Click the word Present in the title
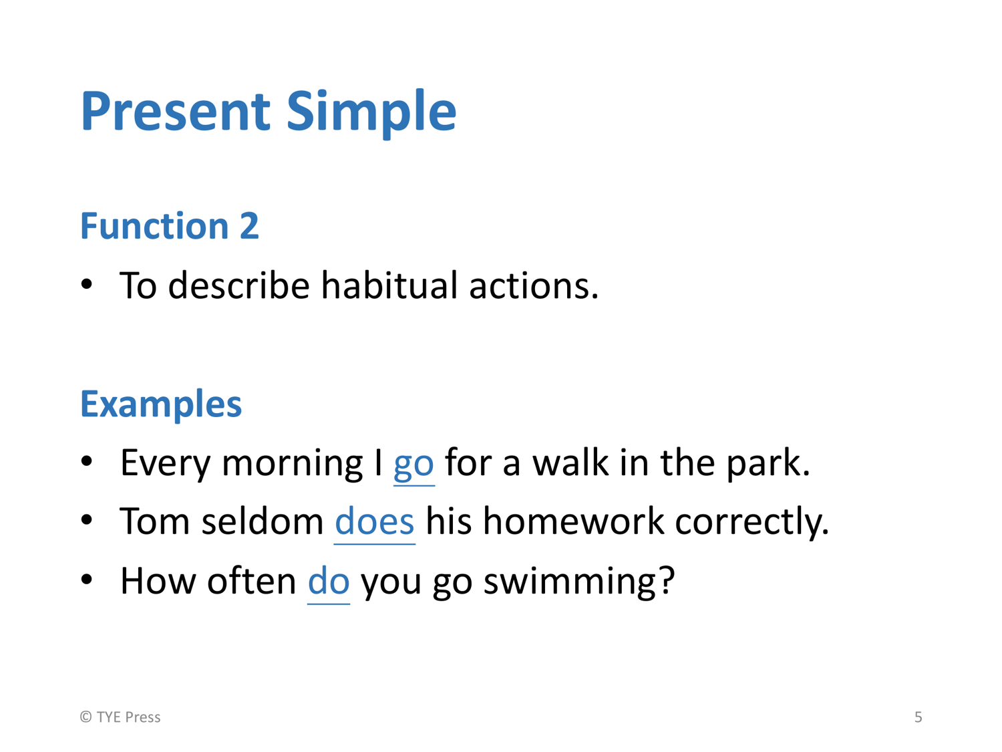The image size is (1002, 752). (176, 111)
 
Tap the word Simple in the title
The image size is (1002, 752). (371, 114)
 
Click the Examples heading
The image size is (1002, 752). (161, 404)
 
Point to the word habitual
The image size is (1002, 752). (389, 285)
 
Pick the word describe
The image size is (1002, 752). (239, 285)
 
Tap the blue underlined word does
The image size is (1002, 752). (374, 521)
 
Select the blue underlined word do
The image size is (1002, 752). (329, 582)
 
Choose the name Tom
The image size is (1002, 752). (155, 521)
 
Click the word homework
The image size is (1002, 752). (573, 521)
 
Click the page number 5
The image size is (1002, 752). (918, 717)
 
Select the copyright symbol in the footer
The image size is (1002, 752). (86, 717)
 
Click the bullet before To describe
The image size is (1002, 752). (86, 284)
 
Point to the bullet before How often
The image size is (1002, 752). (86, 580)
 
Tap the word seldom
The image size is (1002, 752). (263, 521)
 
